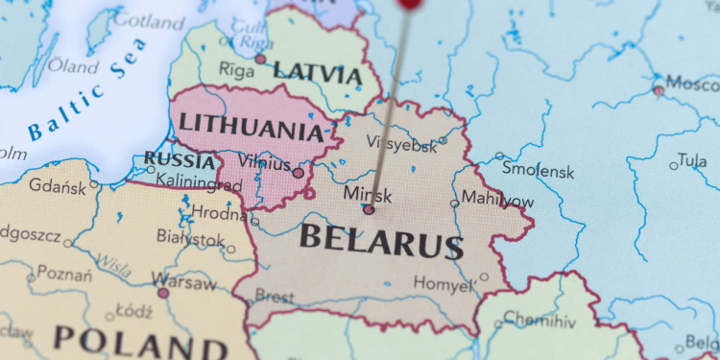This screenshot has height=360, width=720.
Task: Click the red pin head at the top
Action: click(411, 3)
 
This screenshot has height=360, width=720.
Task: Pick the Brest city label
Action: click(275, 298)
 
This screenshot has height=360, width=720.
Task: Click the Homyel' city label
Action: click(444, 283)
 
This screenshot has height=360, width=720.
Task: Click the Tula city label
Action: click(691, 159)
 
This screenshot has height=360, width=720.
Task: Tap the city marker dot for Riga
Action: click(260, 60)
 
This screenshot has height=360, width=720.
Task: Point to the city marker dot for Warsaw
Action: click(163, 293)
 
